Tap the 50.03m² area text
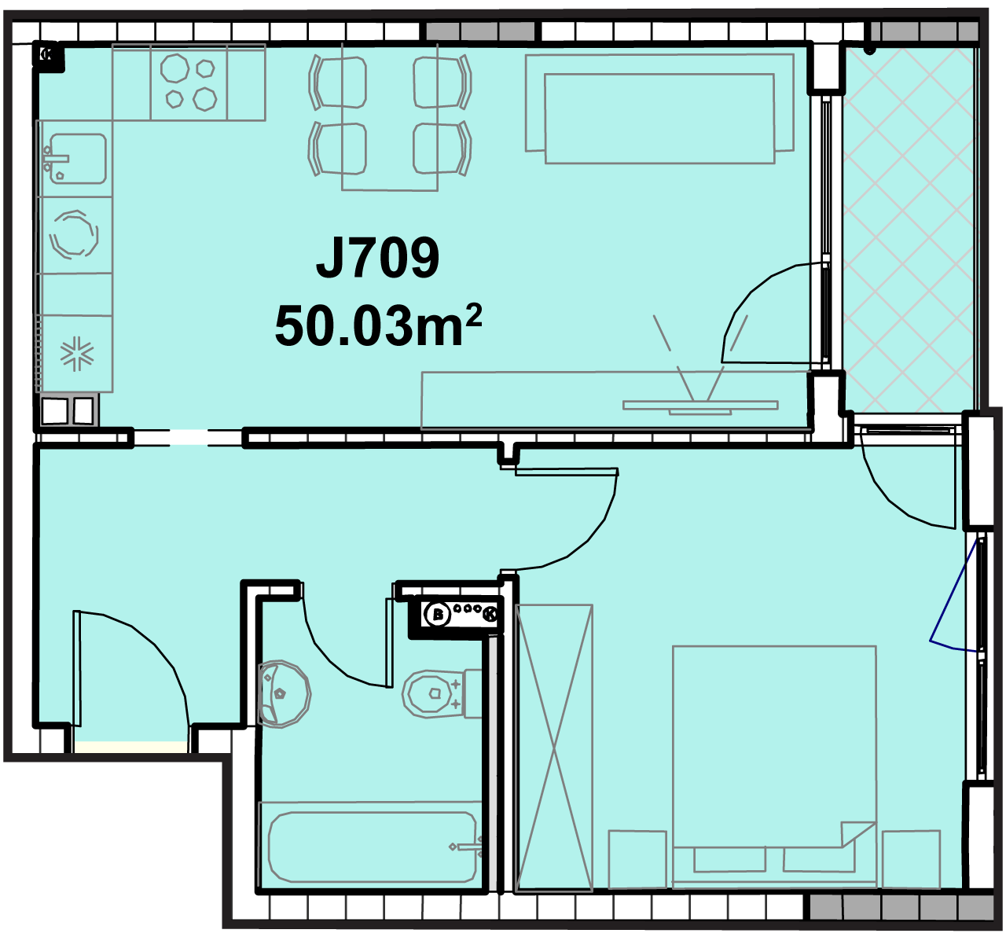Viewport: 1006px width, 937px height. (378, 325)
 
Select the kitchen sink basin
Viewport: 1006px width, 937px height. (78, 159)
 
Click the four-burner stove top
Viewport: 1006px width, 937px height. (189, 83)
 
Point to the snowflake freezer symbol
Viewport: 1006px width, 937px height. (77, 354)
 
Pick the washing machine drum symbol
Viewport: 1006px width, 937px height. (74, 234)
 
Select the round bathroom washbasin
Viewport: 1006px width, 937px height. (284, 694)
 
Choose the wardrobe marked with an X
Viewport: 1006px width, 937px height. (553, 748)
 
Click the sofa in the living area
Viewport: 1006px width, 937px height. (659, 109)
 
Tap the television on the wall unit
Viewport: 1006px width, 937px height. (700, 405)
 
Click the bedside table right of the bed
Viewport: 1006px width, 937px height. (911, 859)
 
